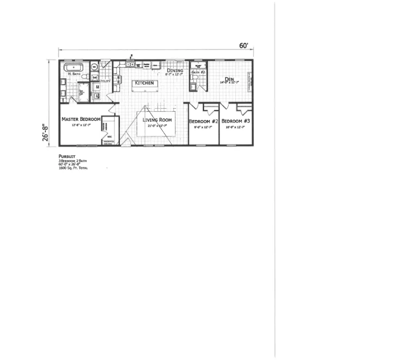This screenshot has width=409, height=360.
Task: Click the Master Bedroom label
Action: pyautogui.click(x=81, y=119)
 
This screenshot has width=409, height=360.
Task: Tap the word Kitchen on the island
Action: pyautogui.click(x=145, y=83)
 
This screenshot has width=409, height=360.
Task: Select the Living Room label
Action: pyautogui.click(x=157, y=120)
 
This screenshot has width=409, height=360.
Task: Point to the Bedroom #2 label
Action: pyautogui.click(x=204, y=121)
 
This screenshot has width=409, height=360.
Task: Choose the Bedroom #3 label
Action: pyautogui.click(x=236, y=121)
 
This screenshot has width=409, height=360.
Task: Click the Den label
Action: pyautogui.click(x=229, y=79)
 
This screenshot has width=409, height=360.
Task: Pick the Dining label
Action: pyautogui.click(x=175, y=70)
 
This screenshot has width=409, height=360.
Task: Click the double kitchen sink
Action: pyautogui.click(x=130, y=65)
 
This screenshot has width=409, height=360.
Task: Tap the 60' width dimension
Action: pyautogui.click(x=244, y=45)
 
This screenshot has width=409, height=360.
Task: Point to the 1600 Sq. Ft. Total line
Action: pyautogui.click(x=73, y=168)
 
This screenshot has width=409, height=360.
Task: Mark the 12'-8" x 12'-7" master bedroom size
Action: pyautogui.click(x=81, y=125)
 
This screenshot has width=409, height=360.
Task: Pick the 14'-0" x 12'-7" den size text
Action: pyautogui.click(x=229, y=83)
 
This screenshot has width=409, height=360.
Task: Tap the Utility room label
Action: pyautogui.click(x=105, y=81)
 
